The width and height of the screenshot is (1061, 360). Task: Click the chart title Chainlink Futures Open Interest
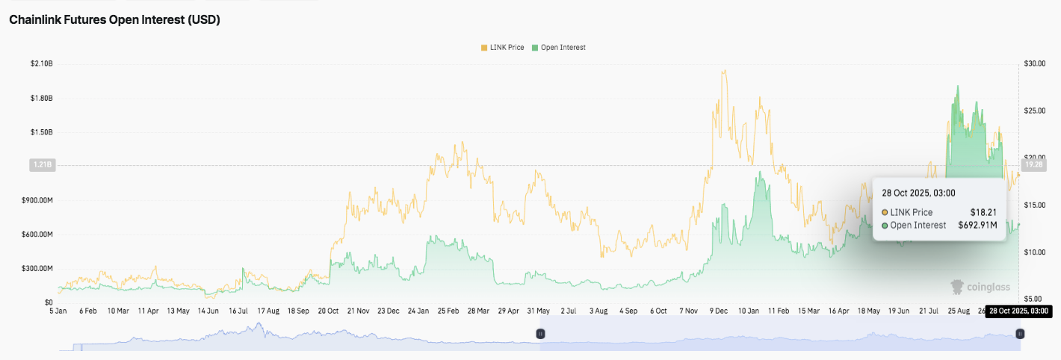pos(114,20)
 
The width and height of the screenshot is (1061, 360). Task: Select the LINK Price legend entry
pos(502,47)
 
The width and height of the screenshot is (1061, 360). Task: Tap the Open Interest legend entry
pos(558,47)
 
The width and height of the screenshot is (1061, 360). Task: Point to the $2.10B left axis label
pos(41,64)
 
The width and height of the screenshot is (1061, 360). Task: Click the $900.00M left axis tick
pos(37,200)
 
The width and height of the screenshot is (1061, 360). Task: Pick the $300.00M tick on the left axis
pos(37,268)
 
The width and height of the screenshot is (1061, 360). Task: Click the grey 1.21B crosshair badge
pos(41,164)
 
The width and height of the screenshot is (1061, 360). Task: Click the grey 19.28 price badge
pos(1033,164)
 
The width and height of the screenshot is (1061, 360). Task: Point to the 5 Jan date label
pos(58,310)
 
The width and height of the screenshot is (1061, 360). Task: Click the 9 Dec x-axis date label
pos(720,310)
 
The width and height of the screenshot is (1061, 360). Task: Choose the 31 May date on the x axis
pos(539,310)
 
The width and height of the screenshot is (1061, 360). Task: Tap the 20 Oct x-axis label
pos(329,310)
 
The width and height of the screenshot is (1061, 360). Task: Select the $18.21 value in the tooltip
pos(983,212)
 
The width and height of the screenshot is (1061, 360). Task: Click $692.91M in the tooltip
pos(977,225)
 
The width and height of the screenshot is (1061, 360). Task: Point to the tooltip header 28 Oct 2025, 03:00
pos(918,193)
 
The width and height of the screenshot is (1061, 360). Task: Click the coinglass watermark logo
pos(980,286)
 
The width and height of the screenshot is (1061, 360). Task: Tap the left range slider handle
pos(541,334)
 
